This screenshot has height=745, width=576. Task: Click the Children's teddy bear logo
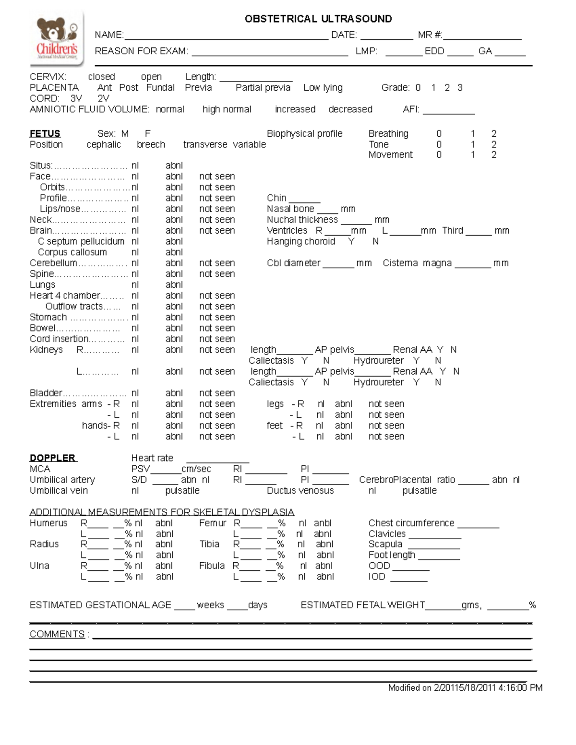[x=57, y=38]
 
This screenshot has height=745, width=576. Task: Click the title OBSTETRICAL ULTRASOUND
[x=318, y=19]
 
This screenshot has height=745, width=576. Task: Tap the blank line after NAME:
[x=226, y=35]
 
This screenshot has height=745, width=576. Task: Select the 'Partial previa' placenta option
[x=263, y=88]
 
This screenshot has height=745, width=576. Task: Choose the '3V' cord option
[x=76, y=98]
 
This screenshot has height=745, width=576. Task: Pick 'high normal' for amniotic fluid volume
[x=227, y=109]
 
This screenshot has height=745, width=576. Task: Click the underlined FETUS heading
[x=45, y=134]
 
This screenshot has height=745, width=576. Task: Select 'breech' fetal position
[x=151, y=144]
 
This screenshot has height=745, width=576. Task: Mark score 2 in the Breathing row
[x=493, y=134]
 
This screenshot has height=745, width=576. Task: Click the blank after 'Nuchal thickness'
[x=356, y=221]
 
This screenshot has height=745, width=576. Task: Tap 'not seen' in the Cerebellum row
[x=217, y=263]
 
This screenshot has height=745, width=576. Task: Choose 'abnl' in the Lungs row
[x=174, y=285]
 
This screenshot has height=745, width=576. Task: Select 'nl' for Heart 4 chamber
[x=135, y=296]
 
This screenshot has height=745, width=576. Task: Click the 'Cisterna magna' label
[x=417, y=263]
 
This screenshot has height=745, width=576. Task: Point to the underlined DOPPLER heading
[x=53, y=458]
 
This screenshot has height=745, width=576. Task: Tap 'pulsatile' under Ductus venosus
[x=419, y=491]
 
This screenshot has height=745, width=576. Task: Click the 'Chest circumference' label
[x=411, y=523]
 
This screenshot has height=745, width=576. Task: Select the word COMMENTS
[x=57, y=634]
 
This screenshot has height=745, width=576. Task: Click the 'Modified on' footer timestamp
[x=465, y=688]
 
